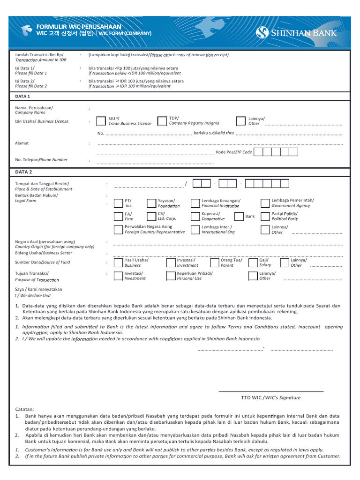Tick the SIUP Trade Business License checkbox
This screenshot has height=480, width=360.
click(x=101, y=121)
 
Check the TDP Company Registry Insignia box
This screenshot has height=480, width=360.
click(x=162, y=121)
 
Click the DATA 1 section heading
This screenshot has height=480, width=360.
click(x=22, y=96)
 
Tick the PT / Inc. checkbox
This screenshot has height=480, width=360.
click(x=118, y=203)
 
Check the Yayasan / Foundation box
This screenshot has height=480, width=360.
click(x=151, y=203)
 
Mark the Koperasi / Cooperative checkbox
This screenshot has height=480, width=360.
click(x=195, y=216)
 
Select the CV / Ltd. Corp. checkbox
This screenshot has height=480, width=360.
click(x=151, y=216)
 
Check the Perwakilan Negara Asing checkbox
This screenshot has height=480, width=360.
click(x=118, y=229)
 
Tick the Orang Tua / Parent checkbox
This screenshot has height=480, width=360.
click(x=214, y=262)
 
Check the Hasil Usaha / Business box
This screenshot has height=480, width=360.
click(x=118, y=262)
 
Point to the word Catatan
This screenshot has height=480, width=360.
click(x=24, y=409)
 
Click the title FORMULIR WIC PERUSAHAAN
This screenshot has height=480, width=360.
click(x=78, y=27)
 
